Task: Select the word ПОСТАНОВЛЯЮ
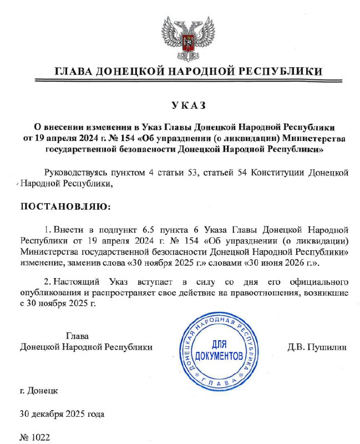tap(65, 206)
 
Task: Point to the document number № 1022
tap(35, 437)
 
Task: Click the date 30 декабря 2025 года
tap(62, 414)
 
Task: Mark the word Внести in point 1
tap(70, 229)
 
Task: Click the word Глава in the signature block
tap(77, 336)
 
